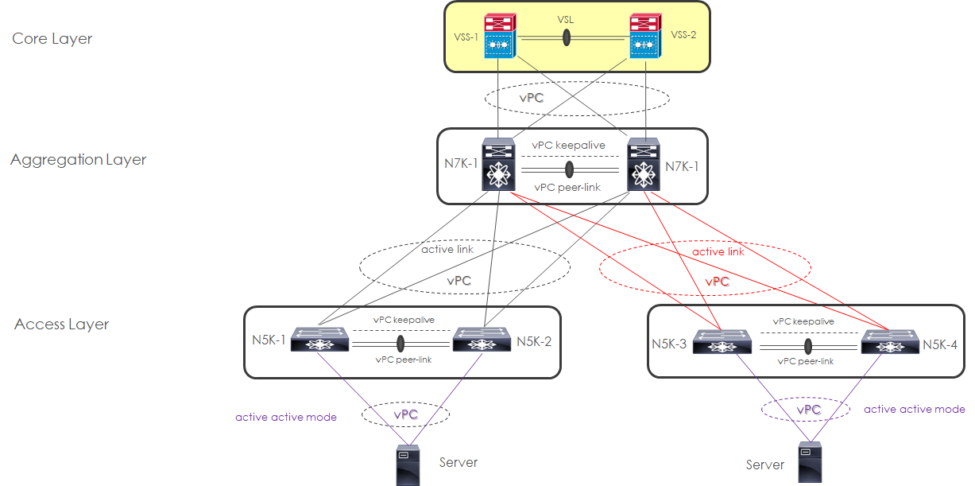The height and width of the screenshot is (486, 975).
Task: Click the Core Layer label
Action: click(x=52, y=38)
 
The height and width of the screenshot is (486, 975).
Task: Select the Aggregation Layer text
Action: click(x=79, y=160)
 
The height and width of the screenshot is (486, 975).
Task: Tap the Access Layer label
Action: click(x=62, y=325)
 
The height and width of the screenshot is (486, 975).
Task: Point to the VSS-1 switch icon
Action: click(x=499, y=37)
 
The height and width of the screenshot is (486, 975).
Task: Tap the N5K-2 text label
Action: click(x=534, y=342)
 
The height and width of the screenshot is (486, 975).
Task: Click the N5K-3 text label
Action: click(x=668, y=344)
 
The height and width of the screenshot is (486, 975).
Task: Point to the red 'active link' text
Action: click(x=718, y=251)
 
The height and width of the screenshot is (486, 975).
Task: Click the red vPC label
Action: click(x=718, y=282)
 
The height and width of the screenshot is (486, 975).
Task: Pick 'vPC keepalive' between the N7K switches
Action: click(x=569, y=146)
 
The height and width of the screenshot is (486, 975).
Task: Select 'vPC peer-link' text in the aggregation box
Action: click(x=567, y=187)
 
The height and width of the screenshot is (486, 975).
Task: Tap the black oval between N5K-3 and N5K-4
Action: click(x=808, y=347)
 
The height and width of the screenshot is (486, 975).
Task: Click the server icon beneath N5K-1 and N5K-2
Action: click(x=408, y=466)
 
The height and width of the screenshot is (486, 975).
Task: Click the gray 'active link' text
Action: click(x=448, y=249)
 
